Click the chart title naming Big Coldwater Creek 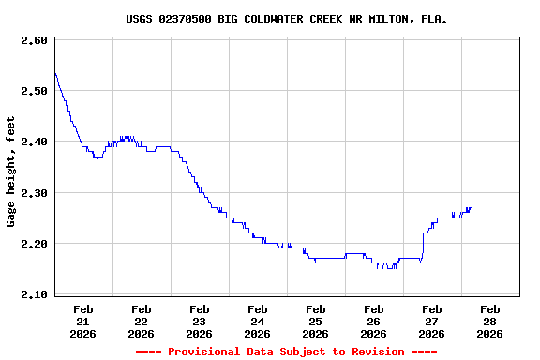point(286,19)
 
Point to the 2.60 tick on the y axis point(34,40)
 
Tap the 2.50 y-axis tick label point(34,91)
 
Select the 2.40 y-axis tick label point(34,142)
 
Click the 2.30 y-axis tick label point(34,193)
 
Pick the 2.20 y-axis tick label point(34,244)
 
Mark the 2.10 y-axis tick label point(34,294)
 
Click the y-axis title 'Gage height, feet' point(11,172)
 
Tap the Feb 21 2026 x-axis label point(83,321)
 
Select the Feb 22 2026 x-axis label point(142,321)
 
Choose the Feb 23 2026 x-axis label point(200,321)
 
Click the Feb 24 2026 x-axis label point(258,321)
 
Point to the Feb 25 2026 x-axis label point(316,321)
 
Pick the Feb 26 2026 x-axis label point(374,321)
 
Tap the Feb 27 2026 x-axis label point(432,321)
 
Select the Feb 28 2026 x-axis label point(490,321)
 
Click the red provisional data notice point(286,352)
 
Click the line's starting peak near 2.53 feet point(55,73)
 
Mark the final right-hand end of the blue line point(471,208)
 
